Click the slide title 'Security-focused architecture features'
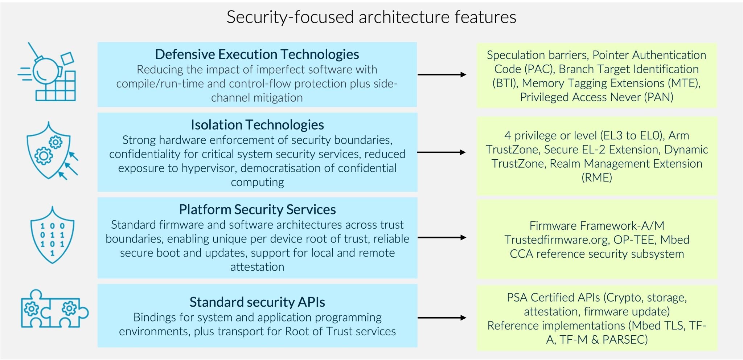371,17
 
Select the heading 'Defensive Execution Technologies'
257,54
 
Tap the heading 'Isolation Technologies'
257,125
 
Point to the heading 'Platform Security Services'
257,210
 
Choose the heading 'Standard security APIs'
257,302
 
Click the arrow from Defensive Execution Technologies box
442,74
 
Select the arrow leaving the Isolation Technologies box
442,152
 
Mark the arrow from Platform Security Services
442,237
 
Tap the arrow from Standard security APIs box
442,318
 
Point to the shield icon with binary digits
52,235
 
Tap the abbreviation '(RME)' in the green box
597,178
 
